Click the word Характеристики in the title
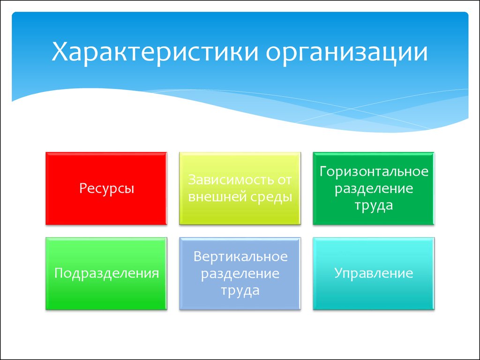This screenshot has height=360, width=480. click(155, 52)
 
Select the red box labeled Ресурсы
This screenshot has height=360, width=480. click(106, 188)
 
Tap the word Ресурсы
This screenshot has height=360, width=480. click(106, 188)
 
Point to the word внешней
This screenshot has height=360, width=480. click(217, 197)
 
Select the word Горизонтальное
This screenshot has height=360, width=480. click(374, 171)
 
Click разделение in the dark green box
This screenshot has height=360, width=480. click(374, 189)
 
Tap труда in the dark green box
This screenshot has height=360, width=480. click(374, 206)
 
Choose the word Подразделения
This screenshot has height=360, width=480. click(106, 273)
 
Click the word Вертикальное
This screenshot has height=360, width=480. click(240, 256)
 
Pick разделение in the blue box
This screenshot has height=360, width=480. click(240, 274)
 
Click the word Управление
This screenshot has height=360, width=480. click(374, 273)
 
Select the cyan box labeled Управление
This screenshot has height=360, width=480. click(374, 274)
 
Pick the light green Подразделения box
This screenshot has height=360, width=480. click(106, 274)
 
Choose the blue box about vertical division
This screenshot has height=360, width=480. click(240, 274)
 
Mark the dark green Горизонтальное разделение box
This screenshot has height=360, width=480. click(374, 188)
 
